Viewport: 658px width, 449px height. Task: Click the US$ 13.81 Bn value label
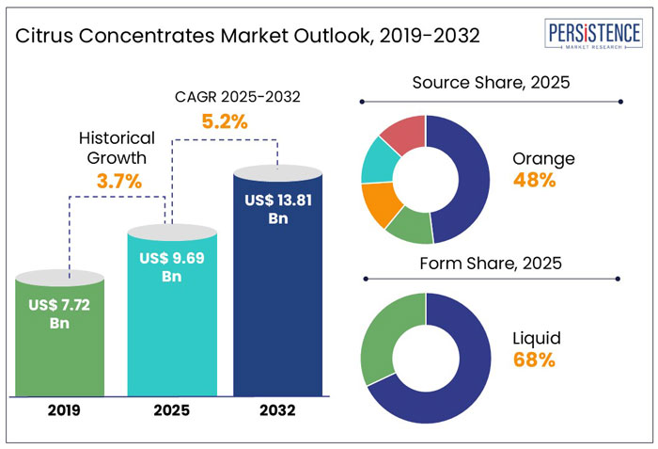click(x=275, y=209)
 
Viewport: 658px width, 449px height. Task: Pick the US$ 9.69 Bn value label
click(x=170, y=267)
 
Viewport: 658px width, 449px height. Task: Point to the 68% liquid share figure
click(x=533, y=360)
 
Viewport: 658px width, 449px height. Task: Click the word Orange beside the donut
click(x=544, y=158)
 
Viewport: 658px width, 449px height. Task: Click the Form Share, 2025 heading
click(x=492, y=264)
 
